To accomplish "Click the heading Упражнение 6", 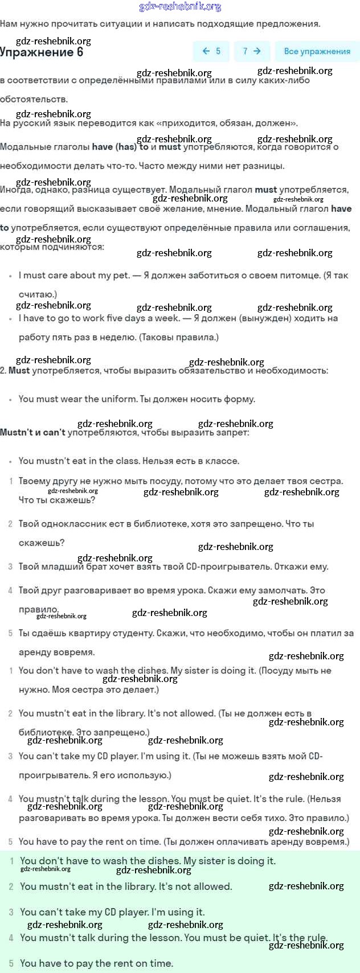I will point(42,52).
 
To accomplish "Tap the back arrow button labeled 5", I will point(211,51).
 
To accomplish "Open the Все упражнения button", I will point(317,51).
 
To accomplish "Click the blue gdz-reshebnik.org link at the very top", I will point(180,7).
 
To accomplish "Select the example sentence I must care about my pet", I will point(74,276).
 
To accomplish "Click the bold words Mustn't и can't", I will point(32,433).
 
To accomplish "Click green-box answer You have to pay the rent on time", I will point(96,963).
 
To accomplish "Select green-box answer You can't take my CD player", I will point(112,912).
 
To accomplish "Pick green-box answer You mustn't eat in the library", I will point(126,886).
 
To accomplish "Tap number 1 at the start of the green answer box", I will point(11,861).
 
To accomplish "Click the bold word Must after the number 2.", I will point(19,371).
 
